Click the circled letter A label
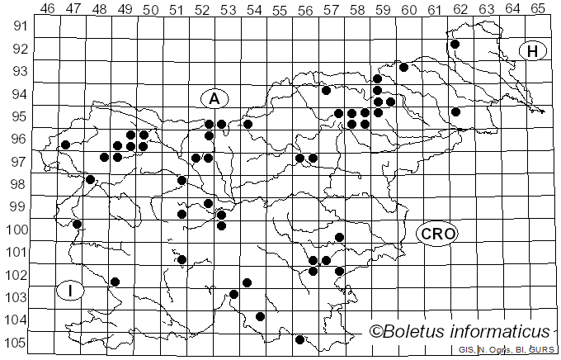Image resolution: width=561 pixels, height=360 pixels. click(x=214, y=98)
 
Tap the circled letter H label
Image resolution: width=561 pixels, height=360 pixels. click(x=533, y=51)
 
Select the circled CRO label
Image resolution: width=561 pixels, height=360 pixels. click(x=437, y=234)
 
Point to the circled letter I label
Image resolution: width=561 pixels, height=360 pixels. click(x=71, y=291)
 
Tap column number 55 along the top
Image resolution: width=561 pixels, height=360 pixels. click(x=280, y=8)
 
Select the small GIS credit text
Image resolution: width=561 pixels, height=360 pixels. click(x=465, y=351)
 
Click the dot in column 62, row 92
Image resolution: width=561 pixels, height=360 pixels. click(x=455, y=45)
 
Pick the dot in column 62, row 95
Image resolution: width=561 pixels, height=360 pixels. click(x=455, y=112)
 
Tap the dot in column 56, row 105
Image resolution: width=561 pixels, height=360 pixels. click(x=299, y=339)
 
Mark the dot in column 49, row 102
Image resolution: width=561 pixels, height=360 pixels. click(x=115, y=282)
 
